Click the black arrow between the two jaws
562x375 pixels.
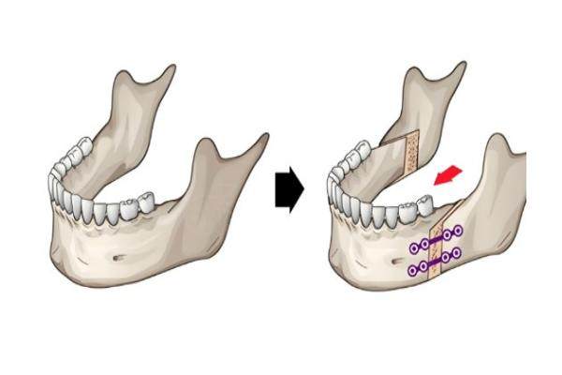pyautogui.click(x=286, y=190)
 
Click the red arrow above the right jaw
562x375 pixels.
pyautogui.click(x=448, y=175)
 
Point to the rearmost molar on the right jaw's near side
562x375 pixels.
pyautogui.click(x=422, y=200)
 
